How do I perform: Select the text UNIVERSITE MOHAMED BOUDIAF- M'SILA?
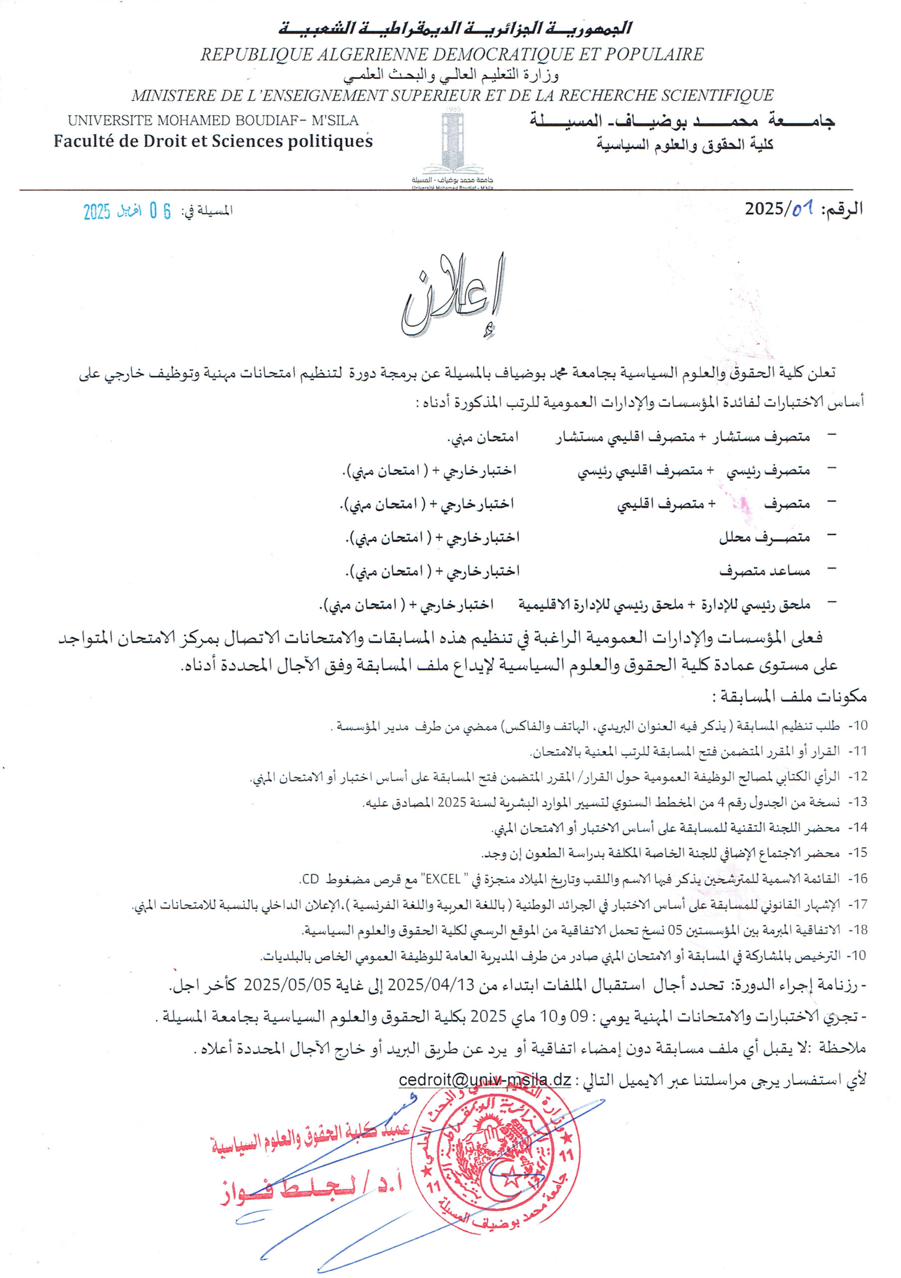point(213,121)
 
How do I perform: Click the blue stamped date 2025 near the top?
point(97,212)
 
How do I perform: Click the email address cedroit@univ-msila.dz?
point(485,1080)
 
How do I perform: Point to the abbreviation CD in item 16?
point(310,880)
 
